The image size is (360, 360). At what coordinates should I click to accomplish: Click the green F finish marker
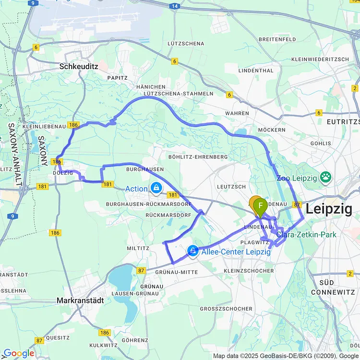[260, 206]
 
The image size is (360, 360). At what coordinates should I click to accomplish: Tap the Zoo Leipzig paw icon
[327, 178]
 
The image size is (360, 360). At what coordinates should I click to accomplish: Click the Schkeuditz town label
[79, 67]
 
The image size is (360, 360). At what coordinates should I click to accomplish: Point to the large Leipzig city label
[329, 209]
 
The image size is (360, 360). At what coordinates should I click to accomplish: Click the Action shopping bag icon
[156, 188]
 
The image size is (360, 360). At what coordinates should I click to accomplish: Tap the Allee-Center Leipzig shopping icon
[193, 251]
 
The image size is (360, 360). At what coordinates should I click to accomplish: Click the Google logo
[18, 354]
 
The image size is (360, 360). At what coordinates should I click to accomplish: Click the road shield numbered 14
[174, 6]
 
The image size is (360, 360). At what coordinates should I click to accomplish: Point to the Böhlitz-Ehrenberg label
[198, 157]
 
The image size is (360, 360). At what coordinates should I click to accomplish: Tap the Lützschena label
[186, 43]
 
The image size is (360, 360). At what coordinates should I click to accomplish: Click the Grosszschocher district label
[226, 309]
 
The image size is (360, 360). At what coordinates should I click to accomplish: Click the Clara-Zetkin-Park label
[306, 235]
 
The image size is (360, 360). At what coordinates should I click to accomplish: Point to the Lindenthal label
[256, 71]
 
